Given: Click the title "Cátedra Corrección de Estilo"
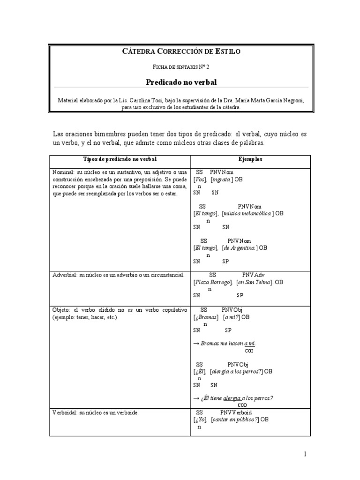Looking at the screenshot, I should pyautogui.click(x=180, y=52).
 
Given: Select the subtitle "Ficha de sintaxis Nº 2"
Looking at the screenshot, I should pyautogui.click(x=180, y=67).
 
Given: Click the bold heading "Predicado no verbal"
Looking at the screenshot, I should pyautogui.click(x=180, y=82).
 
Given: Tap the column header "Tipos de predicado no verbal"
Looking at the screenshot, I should pyautogui.click(x=120, y=159).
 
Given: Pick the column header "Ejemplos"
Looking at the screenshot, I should pyautogui.click(x=253, y=159).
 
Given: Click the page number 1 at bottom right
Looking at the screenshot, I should pyautogui.click(x=304, y=454).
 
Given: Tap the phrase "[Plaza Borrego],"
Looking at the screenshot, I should pyautogui.click(x=213, y=282).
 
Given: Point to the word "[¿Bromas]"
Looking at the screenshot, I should pyautogui.click(x=206, y=317).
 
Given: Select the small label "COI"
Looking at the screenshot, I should pyautogui.click(x=249, y=350).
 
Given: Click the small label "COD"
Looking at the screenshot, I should pyautogui.click(x=242, y=405).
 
